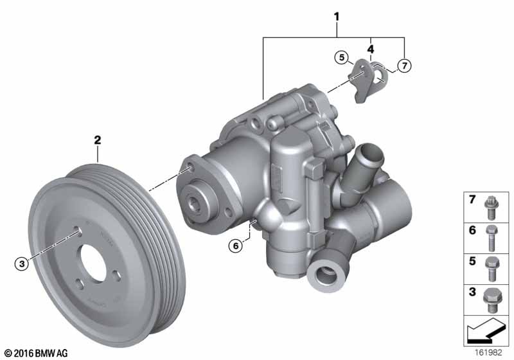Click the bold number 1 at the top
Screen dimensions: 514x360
point(337,17)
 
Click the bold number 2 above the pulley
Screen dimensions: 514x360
point(98,140)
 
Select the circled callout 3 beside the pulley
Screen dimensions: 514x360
point(22,264)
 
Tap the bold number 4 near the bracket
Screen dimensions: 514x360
point(371,50)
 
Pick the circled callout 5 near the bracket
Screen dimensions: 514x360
point(342,58)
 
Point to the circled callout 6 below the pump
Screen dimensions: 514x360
point(236,245)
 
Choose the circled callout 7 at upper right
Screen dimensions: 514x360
point(405,66)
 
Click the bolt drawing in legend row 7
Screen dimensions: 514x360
point(491,208)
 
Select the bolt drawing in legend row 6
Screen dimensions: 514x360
point(491,239)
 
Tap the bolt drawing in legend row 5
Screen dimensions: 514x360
point(492,269)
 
